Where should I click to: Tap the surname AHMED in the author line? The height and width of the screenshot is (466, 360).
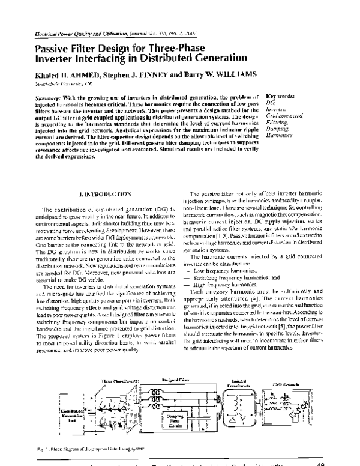click(68, 74)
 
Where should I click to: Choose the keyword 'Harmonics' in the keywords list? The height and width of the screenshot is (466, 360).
click(278, 135)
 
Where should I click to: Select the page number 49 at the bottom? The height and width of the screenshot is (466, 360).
click(319, 463)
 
